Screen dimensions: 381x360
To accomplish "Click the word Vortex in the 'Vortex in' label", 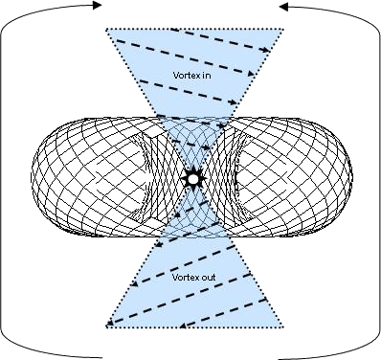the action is tap(182, 75).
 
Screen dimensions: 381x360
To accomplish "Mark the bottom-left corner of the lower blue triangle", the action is tap(104, 328).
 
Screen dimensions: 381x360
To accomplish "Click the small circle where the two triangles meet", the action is tap(190, 178).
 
